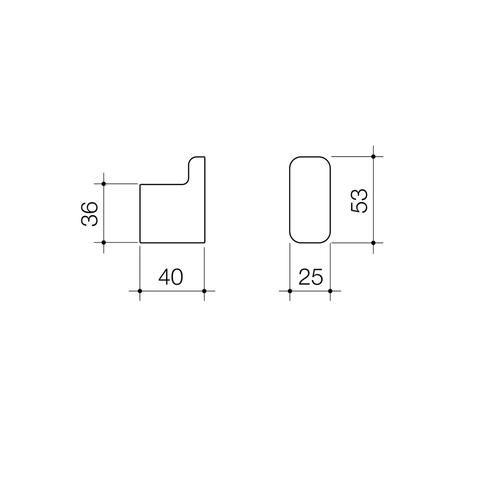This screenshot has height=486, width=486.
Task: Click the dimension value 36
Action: click(89, 214)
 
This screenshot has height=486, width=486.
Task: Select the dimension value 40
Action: click(171, 276)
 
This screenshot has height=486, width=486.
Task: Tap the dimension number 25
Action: click(310, 277)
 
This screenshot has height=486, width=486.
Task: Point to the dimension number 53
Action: click(359, 201)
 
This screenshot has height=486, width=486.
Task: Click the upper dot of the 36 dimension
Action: click(103, 184)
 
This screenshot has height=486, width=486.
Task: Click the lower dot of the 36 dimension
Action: click(103, 242)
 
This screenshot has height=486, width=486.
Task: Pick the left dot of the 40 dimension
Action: click(140, 291)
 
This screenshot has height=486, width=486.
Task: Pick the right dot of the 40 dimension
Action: click(204, 291)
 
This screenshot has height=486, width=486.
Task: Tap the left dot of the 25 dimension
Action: click(290, 291)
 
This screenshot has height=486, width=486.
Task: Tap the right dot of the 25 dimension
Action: click(330, 291)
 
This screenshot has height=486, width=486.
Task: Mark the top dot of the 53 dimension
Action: click(373, 157)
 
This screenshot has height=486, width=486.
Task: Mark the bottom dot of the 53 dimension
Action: click(373, 243)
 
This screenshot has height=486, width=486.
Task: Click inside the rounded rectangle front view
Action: click(310, 200)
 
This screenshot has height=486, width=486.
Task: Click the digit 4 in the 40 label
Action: click(164, 276)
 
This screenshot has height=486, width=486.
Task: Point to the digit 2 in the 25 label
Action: click(304, 277)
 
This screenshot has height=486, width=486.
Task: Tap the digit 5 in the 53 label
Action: click(359, 207)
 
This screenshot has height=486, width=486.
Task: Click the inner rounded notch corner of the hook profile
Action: click(185, 181)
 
